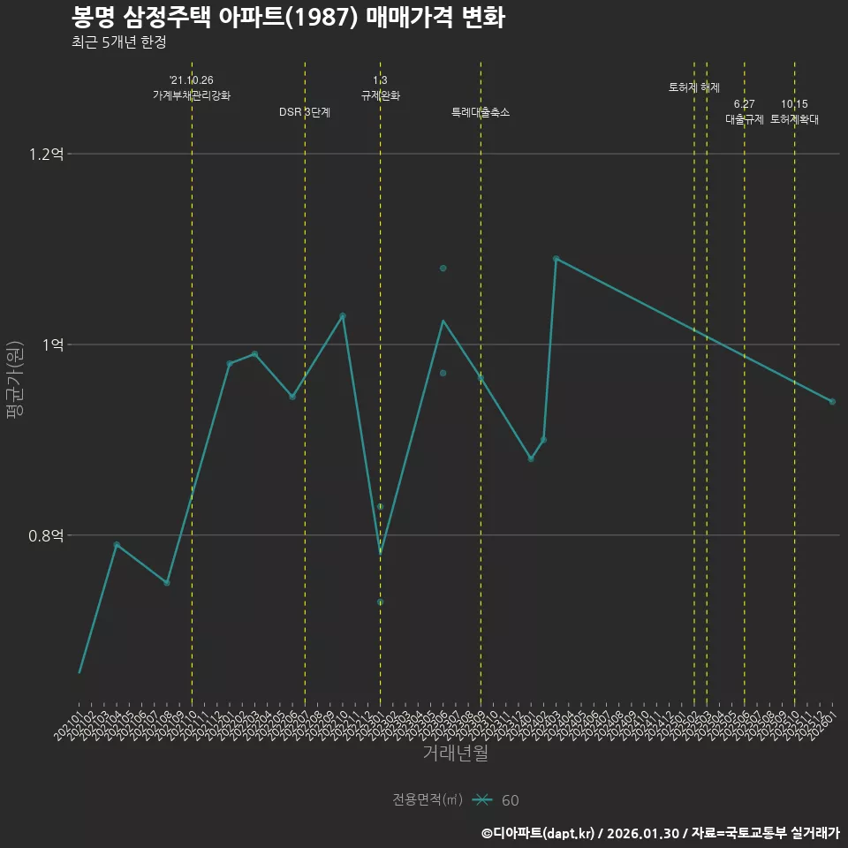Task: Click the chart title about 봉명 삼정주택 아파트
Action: pos(288,18)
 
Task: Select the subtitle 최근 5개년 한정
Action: pos(118,42)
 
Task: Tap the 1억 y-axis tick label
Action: pos(53,344)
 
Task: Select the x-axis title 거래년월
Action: pos(455,753)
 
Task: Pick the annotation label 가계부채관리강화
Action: pos(192,95)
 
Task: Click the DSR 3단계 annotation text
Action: pos(305,112)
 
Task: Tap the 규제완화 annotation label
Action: pos(381,95)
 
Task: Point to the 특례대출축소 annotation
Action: pos(481,112)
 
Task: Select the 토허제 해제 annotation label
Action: pos(694,87)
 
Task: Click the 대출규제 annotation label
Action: pos(745,119)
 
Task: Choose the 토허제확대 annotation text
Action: pos(794,119)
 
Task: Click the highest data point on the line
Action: pos(556,259)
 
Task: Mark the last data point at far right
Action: pos(832,402)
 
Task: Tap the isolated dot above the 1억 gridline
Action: pos(443,268)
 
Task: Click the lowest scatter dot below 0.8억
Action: pos(381,602)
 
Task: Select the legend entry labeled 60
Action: pos(510,800)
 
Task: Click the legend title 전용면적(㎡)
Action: pos(428,800)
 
